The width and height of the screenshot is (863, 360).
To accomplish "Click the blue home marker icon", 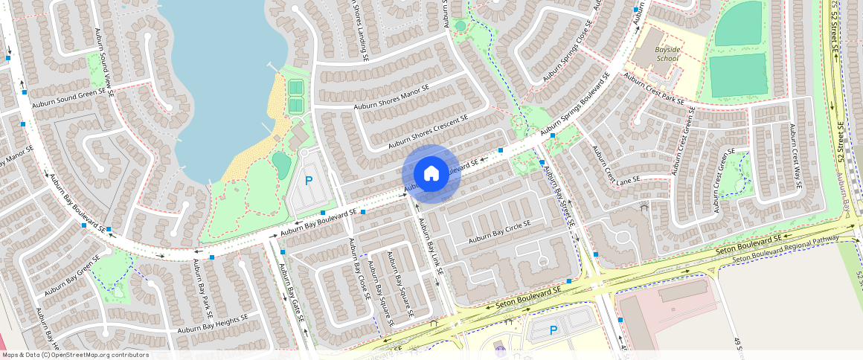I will point(431,174).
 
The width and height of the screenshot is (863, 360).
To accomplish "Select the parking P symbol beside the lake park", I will point(309,181).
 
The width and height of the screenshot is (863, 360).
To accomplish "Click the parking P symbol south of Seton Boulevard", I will point(553,330).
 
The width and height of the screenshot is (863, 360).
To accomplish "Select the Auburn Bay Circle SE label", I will point(499,232).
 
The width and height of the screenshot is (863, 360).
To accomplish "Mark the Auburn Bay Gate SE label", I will point(291,292).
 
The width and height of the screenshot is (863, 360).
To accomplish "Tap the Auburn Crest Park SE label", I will point(654,89).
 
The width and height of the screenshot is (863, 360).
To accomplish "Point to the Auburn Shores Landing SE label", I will point(359,30).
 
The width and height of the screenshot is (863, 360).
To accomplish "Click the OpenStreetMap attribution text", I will point(75,355).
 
